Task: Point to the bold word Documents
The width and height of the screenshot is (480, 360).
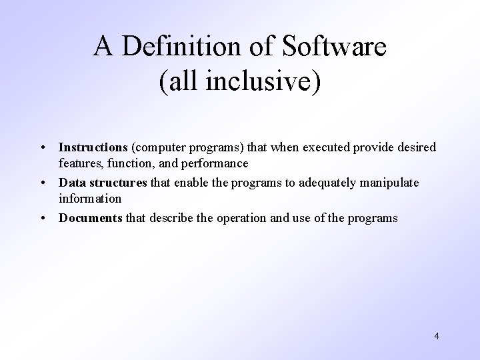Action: point(90,217)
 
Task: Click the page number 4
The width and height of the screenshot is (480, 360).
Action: point(436,336)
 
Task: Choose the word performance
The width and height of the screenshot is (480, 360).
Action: point(215,163)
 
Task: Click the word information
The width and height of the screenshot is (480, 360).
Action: point(89,199)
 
